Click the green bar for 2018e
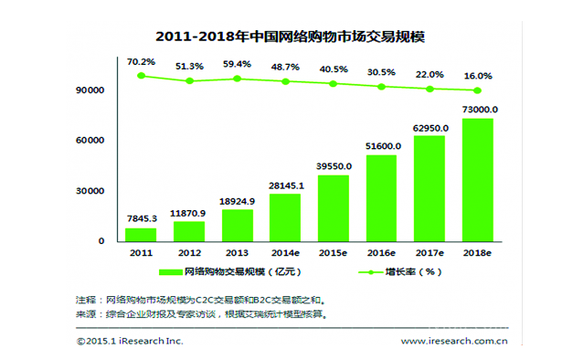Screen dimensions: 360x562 click(x=477, y=180)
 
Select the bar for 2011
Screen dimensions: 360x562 click(x=141, y=234)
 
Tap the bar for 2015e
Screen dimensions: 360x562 click(x=333, y=207)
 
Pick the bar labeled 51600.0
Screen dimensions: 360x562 click(x=381, y=197)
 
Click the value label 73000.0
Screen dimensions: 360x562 click(x=477, y=110)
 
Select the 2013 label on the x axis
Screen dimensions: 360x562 click(x=237, y=253)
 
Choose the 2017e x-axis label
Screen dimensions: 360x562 click(x=429, y=253)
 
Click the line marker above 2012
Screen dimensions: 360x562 click(x=189, y=81)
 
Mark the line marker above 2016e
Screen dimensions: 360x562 click(x=381, y=86)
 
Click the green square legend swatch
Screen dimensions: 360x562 click(x=170, y=272)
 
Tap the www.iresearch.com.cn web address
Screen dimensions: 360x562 click(x=454, y=342)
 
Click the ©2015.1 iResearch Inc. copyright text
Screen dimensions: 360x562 click(x=129, y=342)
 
